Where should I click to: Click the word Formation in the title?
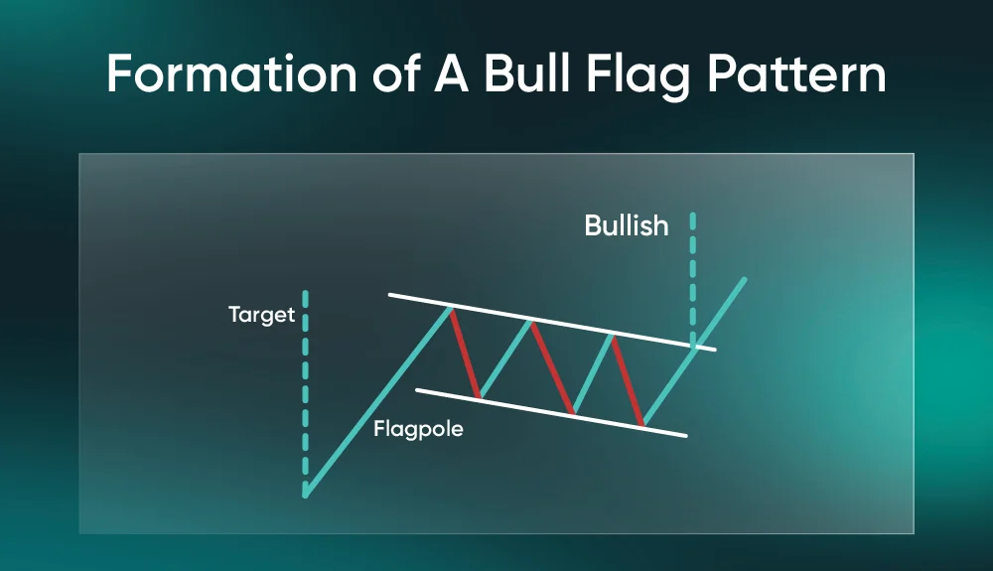pyautogui.click(x=232, y=74)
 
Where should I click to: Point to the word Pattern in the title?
pyautogui.click(x=796, y=74)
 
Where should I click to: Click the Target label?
pyautogui.click(x=261, y=315)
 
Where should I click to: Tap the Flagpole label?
pyautogui.click(x=418, y=430)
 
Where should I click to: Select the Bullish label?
pyautogui.click(x=627, y=225)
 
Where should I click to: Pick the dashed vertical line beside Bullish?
pyautogui.click(x=693, y=279)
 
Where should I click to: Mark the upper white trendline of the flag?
pyautogui.click(x=552, y=322)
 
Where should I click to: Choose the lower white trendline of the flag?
pyautogui.click(x=551, y=413)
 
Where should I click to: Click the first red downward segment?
pyautogui.click(x=466, y=353)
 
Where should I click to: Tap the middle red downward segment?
pyautogui.click(x=553, y=367)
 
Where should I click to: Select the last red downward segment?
pyautogui.click(x=628, y=379)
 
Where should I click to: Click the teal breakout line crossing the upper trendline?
pyautogui.click(x=695, y=352)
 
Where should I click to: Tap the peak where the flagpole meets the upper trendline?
pyautogui.click(x=450, y=308)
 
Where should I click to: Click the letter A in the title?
pyautogui.click(x=451, y=74)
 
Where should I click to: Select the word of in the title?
pyautogui.click(x=395, y=74)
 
